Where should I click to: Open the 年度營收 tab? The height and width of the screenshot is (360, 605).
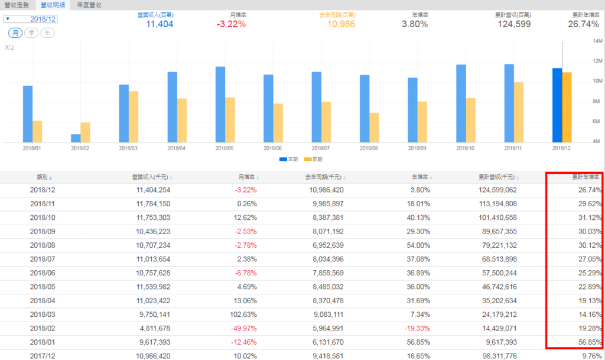click(89, 5)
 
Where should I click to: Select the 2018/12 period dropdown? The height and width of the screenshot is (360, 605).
click(38, 19)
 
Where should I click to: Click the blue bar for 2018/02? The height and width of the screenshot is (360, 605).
click(76, 138)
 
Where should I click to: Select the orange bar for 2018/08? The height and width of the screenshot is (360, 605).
click(375, 127)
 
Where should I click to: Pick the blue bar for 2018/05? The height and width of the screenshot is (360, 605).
click(220, 104)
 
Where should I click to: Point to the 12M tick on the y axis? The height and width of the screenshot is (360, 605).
click(596, 61)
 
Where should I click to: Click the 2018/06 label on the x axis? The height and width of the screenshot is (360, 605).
click(273, 148)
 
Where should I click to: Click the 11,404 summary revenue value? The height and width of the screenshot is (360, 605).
click(159, 24)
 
